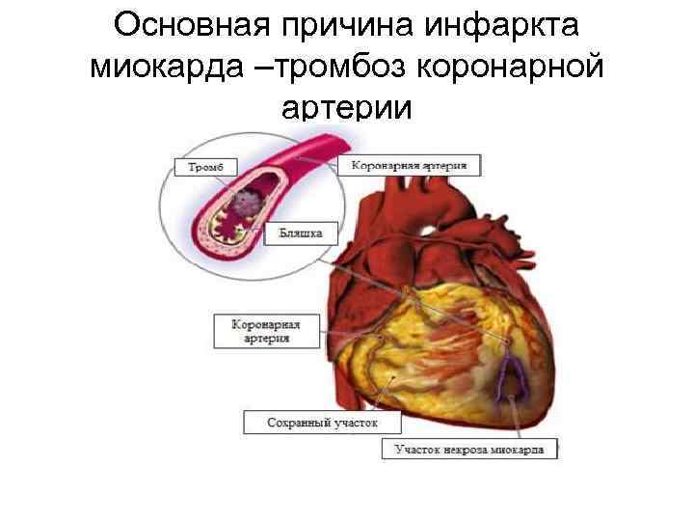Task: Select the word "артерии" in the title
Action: [x=346, y=108]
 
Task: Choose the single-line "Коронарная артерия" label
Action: [x=409, y=166]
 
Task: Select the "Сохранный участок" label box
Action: [x=308, y=423]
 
